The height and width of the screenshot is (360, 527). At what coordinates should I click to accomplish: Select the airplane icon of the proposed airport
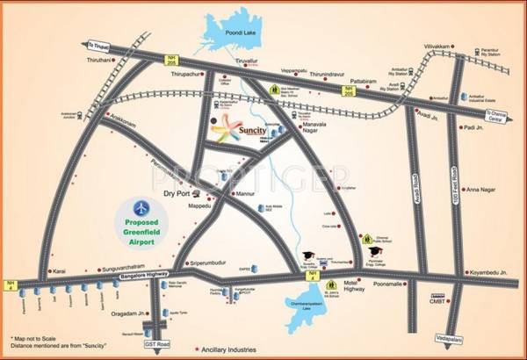(x=141, y=206)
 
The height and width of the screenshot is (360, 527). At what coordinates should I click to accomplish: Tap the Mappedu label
(x=196, y=207)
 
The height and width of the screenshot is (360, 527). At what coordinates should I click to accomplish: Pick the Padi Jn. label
(x=475, y=127)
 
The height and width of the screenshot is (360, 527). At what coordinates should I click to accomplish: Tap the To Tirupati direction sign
(x=102, y=43)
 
